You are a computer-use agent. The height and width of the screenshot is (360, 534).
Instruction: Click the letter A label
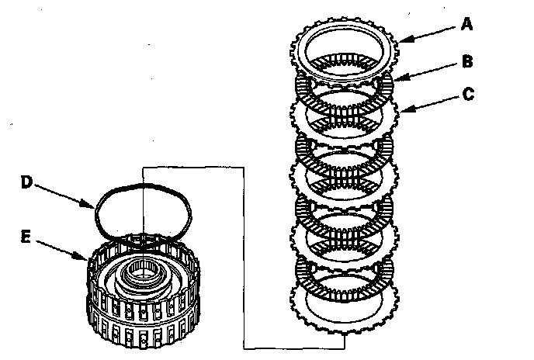[466, 24]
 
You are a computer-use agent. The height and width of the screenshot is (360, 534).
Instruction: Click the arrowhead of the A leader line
[403, 39]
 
